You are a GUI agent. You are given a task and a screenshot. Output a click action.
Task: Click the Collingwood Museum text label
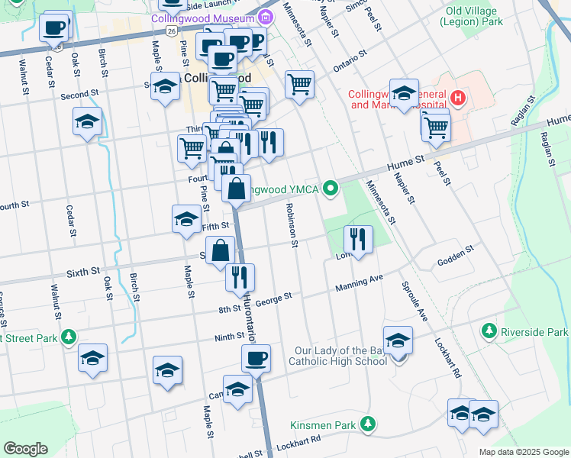[202, 18]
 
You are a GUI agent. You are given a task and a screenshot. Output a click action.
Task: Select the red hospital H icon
[457, 98]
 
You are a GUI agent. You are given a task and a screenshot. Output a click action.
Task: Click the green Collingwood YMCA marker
[331, 187]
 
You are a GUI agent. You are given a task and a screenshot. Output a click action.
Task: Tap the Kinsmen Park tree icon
[368, 423]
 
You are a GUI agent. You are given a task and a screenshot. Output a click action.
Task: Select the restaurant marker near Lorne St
[358, 238]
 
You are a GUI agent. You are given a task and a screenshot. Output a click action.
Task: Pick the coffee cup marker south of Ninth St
[256, 357]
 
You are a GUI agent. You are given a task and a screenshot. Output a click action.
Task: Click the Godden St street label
[456, 256]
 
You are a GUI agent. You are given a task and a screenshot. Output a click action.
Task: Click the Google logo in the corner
[25, 449]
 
